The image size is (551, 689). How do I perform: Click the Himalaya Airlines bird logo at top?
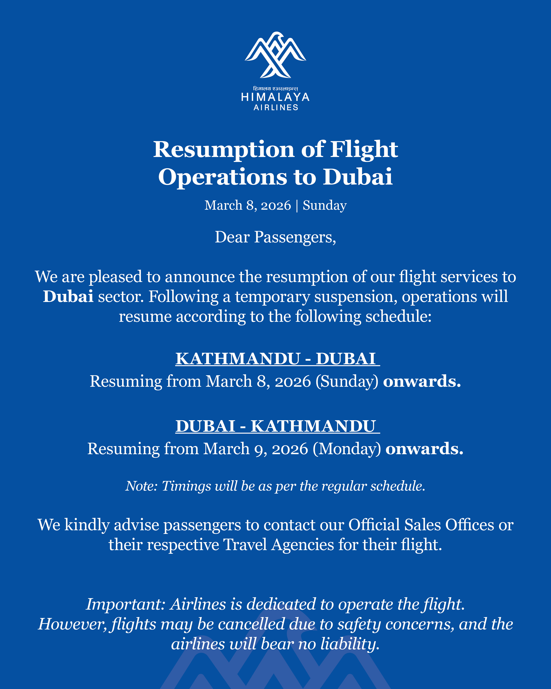[275, 55]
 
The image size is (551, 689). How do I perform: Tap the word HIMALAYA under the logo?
[275, 97]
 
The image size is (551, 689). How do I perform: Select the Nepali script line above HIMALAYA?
[275, 89]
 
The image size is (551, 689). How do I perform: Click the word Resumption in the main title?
[224, 150]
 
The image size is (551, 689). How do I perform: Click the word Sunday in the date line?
[325, 205]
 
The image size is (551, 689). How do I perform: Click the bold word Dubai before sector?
[68, 297]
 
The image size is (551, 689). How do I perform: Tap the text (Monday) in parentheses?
[347, 449]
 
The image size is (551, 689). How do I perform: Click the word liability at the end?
[350, 644]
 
